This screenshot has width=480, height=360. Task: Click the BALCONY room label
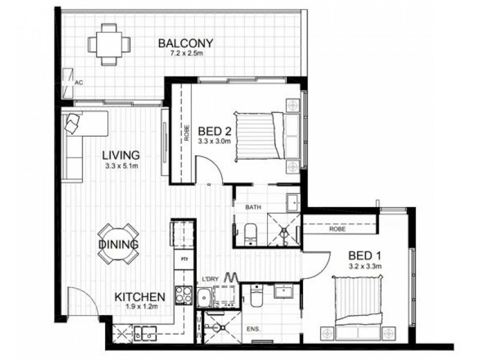click(186, 43)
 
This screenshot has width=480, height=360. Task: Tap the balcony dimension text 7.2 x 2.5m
click(186, 53)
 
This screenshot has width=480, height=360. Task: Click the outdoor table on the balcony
click(109, 44)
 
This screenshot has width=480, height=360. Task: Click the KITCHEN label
click(140, 296)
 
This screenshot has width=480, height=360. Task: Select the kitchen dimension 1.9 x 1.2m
click(140, 307)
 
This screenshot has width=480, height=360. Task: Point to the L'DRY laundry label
click(210, 279)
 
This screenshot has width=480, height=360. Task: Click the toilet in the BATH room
click(251, 232)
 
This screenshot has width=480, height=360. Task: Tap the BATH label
click(252, 207)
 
